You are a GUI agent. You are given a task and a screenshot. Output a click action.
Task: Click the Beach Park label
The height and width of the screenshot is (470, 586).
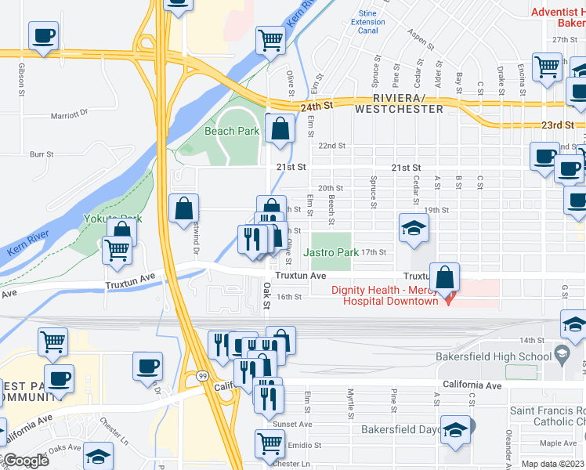232,132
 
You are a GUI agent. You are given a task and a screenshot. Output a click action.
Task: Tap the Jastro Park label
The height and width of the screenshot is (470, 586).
331,252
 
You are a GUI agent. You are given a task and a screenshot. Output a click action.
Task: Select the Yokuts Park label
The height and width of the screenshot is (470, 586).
114,219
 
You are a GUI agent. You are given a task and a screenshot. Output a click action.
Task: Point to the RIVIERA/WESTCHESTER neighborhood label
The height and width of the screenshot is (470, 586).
398,103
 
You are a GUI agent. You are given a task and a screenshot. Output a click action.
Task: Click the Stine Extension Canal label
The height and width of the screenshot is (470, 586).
367,23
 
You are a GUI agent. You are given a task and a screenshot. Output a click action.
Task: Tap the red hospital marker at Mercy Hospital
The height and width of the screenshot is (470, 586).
449,299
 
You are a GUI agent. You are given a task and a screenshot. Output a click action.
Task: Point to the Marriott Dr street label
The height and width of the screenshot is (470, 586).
71,114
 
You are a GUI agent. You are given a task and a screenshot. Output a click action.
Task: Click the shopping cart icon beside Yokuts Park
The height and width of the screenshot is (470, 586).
117,250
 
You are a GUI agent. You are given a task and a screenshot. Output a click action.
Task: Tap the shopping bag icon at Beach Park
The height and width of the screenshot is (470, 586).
280,128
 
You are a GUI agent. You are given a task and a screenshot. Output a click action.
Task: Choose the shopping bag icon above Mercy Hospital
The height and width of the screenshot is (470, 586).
444,277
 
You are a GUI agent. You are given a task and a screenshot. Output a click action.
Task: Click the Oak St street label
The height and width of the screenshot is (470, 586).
267,294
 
